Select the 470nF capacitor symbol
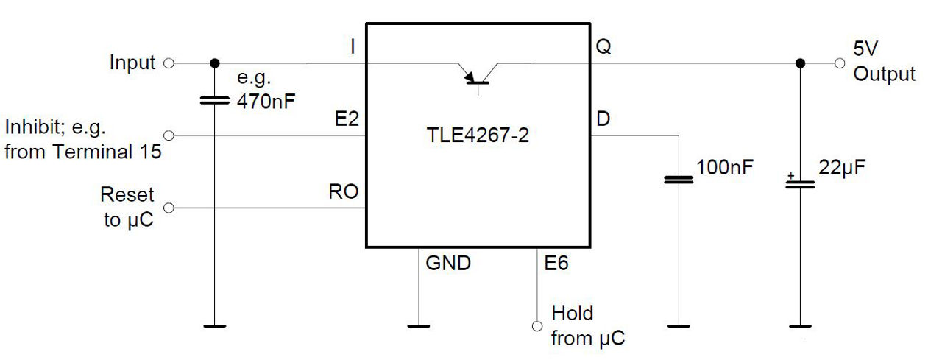[215, 99]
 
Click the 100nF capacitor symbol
[679, 179]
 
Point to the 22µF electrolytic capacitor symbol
[800, 183]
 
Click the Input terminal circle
[169, 63]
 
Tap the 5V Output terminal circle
[840, 63]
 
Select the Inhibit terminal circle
[169, 135]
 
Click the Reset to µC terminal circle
[169, 208]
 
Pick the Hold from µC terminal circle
[537, 325]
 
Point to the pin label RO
[344, 193]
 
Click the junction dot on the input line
[215, 63]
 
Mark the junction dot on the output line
[800, 63]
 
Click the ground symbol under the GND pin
[418, 325]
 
